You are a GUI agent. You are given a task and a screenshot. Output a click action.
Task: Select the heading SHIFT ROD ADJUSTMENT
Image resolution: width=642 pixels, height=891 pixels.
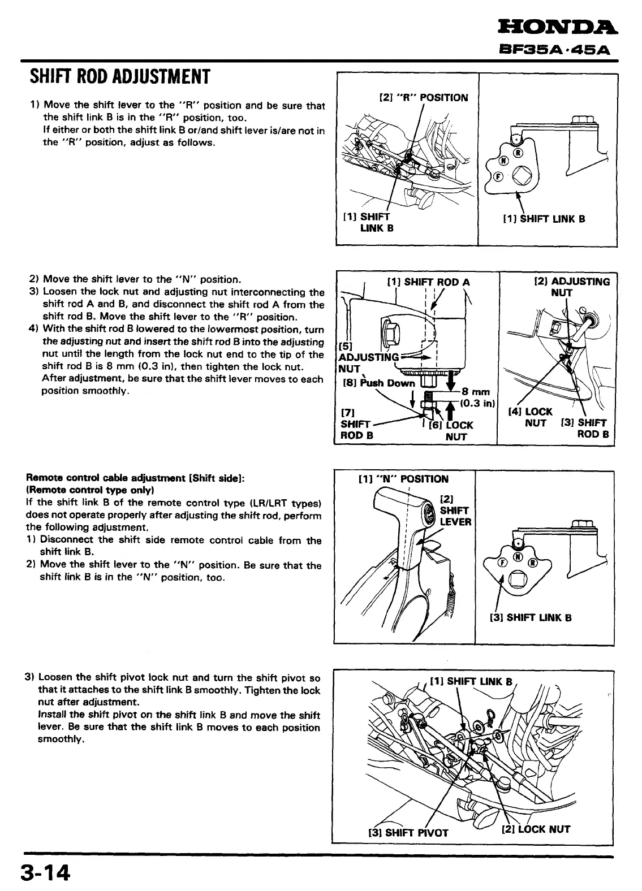(119, 76)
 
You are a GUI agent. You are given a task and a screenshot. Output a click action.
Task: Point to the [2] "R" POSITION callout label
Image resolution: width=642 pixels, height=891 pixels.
(423, 97)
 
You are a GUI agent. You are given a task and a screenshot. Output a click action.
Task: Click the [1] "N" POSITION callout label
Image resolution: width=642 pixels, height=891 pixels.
(403, 479)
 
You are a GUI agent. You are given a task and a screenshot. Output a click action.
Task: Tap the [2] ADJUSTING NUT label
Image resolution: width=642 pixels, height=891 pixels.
(572, 287)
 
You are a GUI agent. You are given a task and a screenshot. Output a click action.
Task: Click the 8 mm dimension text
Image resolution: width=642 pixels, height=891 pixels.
(476, 391)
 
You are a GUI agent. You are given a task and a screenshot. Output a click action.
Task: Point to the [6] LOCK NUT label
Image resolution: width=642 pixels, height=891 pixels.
(453, 431)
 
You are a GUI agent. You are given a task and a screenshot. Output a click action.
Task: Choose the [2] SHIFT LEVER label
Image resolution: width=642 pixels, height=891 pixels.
(455, 511)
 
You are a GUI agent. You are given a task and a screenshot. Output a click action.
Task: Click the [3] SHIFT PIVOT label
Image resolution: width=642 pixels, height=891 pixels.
(408, 832)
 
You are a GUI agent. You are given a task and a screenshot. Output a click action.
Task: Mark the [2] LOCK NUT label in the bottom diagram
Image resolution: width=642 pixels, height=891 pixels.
(536, 829)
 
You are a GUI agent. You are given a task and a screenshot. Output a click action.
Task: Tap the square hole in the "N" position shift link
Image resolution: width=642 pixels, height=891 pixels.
(516, 579)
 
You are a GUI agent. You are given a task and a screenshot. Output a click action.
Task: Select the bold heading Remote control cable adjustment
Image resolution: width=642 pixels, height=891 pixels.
(135, 478)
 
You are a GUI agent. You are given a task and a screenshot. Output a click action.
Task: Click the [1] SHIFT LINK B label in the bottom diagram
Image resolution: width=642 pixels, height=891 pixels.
(471, 681)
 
